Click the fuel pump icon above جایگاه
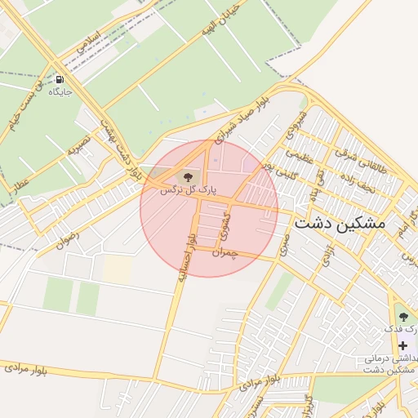[60, 80]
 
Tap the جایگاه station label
[60, 92]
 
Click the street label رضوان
[67, 236]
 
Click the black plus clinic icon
[402, 345]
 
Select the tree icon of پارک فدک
[402, 316]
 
